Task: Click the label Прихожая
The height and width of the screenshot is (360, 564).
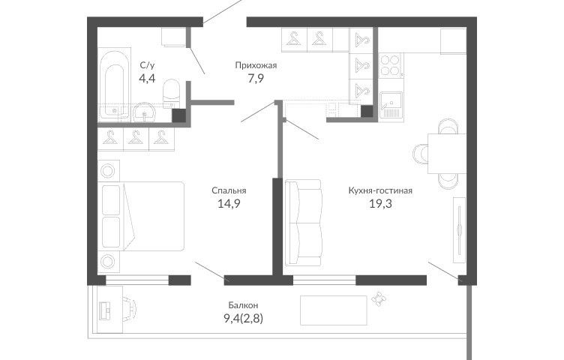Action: click(256, 65)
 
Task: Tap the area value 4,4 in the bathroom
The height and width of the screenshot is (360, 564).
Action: click(147, 78)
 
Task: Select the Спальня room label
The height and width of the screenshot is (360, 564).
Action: click(229, 190)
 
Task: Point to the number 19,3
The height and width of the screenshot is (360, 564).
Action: click(380, 204)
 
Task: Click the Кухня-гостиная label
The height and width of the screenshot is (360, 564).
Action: click(380, 190)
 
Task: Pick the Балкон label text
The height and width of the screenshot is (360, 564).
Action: click(243, 305)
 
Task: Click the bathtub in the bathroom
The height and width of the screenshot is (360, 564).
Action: click(114, 85)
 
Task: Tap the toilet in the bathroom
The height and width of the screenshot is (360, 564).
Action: click(171, 94)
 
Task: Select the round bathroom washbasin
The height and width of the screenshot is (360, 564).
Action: click(144, 112)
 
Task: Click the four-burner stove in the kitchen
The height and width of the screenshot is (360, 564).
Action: click(391, 64)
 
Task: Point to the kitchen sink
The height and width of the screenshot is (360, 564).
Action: click(391, 104)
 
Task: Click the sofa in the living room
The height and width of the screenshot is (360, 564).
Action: click(303, 223)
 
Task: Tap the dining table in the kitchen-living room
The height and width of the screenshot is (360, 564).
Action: click(447, 154)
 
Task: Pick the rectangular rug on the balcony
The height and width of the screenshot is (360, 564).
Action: click(334, 310)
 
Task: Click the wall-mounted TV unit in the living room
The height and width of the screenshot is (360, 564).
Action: click(459, 230)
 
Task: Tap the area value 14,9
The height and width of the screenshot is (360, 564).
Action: click(229, 204)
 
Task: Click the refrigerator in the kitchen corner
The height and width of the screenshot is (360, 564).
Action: click(453, 40)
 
